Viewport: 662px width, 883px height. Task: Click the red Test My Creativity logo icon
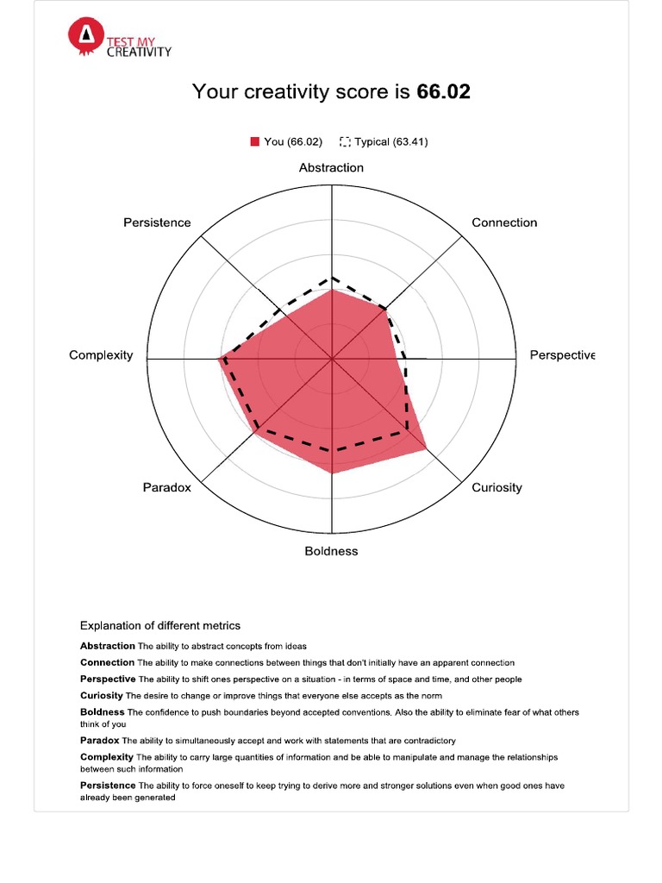coord(84,35)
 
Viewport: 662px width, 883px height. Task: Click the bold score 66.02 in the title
coord(443,91)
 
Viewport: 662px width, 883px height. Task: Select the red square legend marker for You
coord(255,141)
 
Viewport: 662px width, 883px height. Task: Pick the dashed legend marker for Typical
coord(346,141)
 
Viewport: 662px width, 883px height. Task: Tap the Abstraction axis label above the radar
coord(331,167)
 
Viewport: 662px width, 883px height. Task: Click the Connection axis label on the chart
coord(504,222)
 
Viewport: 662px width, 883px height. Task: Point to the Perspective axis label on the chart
coord(562,355)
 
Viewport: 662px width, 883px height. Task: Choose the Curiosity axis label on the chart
coord(496,487)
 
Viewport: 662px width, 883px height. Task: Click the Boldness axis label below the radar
coord(331,551)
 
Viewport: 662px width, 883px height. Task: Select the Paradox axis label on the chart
coord(166,487)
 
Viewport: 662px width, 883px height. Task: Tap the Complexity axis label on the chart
coord(101,355)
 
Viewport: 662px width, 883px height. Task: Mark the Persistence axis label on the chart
coord(157,222)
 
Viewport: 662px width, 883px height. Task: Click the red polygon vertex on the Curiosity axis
coord(426,451)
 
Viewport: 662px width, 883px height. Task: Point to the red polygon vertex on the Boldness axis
coord(332,473)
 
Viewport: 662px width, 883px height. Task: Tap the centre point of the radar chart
coord(332,358)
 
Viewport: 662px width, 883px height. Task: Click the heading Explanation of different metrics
coord(160,625)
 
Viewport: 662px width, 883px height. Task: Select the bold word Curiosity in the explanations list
coord(102,695)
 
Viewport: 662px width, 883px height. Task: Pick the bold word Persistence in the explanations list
coord(108,786)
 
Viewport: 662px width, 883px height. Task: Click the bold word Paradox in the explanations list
coord(100,740)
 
